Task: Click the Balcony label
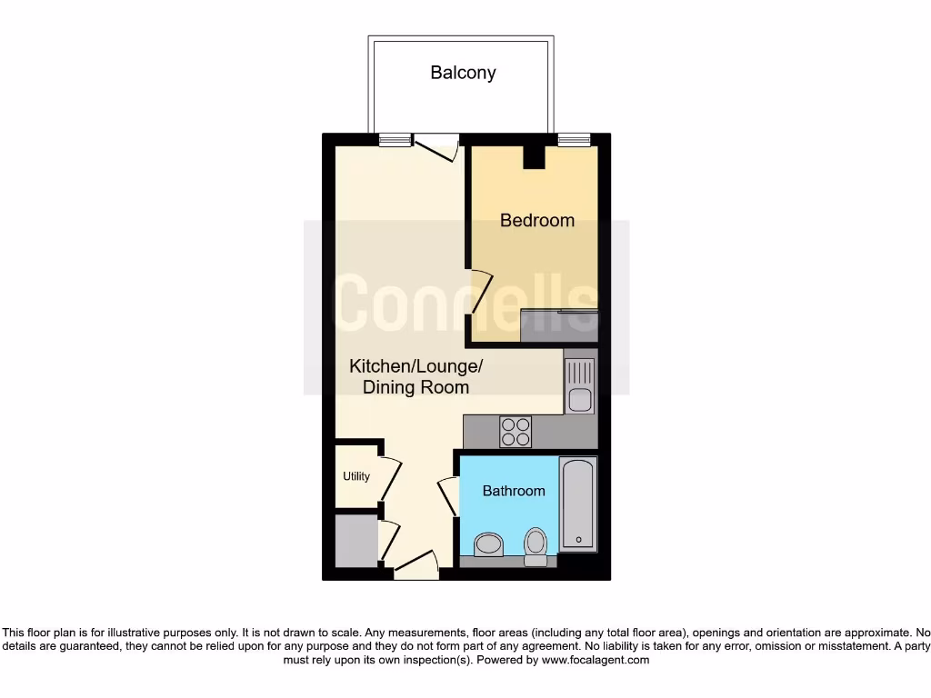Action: tap(463, 73)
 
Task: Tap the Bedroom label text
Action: tap(537, 220)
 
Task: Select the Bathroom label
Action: tap(514, 491)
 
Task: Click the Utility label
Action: tap(356, 476)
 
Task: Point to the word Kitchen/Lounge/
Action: tap(416, 366)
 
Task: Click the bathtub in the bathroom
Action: tap(577, 504)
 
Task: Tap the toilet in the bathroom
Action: tap(536, 546)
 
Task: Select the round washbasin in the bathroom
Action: tap(489, 545)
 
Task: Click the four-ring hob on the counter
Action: tap(516, 431)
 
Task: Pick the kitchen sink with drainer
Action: tap(579, 384)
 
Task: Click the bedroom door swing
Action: tap(480, 292)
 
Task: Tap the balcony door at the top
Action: tap(435, 148)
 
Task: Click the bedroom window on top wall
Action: tap(573, 140)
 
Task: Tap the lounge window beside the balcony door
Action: tap(395, 140)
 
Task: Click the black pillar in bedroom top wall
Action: tap(533, 156)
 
